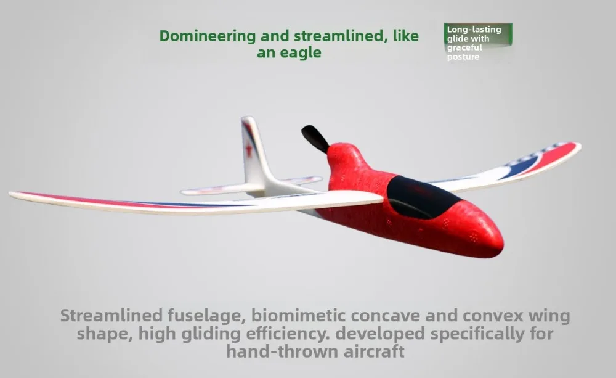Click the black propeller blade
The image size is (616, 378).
pyautogui.click(x=315, y=139)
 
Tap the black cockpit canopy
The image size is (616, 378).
pyautogui.click(x=423, y=197)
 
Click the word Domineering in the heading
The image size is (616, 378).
pyautogui.click(x=208, y=36)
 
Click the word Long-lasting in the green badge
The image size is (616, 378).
pyautogui.click(x=474, y=30)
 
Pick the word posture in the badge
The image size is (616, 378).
pyautogui.click(x=463, y=57)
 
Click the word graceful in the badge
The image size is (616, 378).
pyautogui.click(x=464, y=47)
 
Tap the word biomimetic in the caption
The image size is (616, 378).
pyautogui.click(x=298, y=316)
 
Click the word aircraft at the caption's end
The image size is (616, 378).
pyautogui.click(x=374, y=351)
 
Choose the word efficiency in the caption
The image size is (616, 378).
pyautogui.click(x=288, y=334)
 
